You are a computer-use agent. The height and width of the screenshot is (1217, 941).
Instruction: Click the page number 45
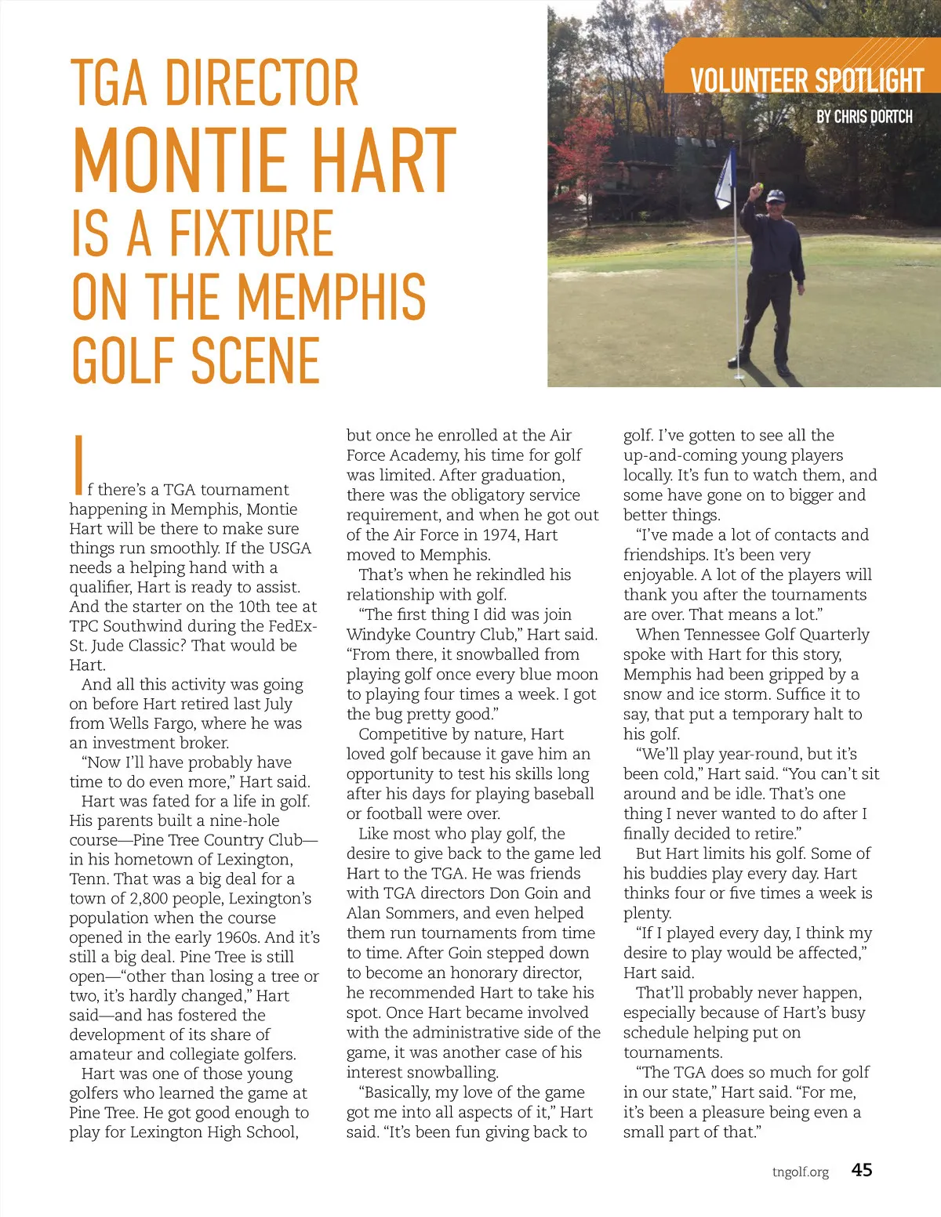pos(862,1170)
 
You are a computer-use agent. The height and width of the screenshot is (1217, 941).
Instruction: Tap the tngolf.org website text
pos(800,1172)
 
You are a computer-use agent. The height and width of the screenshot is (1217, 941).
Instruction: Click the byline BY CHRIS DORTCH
pos(864,117)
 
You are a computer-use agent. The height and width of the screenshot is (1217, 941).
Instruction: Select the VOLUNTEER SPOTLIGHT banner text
pos(807,81)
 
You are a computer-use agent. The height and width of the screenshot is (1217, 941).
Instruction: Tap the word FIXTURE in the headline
pos(252,233)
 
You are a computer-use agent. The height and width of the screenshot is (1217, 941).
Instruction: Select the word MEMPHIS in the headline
pos(331,297)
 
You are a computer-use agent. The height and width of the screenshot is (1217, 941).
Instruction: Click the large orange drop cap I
pos(78,465)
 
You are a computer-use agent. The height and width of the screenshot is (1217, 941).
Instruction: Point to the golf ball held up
pos(758,187)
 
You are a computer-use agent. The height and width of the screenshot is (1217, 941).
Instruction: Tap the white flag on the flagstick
pos(725,180)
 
